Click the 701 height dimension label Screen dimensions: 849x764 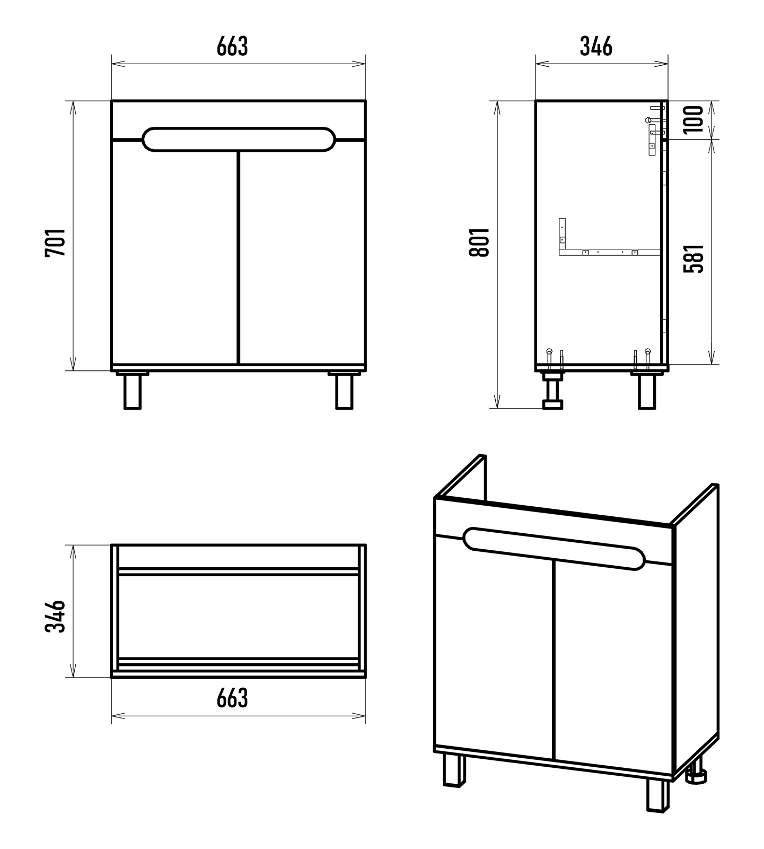tap(55, 242)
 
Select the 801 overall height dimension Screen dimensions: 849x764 tap(479, 242)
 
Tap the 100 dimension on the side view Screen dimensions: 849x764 tap(694, 119)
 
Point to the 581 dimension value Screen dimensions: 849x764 tap(694, 258)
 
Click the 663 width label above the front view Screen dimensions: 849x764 tap(232, 46)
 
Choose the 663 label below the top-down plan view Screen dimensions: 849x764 tap(232, 698)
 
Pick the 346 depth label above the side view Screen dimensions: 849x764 tap(596, 46)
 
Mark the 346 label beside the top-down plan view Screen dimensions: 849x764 tap(55, 617)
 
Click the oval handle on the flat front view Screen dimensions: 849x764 tap(239, 140)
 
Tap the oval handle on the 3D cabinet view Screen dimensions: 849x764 tap(554, 549)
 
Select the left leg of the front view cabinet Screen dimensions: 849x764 tap(133, 391)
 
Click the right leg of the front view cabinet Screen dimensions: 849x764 tap(344, 391)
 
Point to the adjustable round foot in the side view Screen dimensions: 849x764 tap(552, 393)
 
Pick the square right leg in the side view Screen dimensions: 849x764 tap(647, 392)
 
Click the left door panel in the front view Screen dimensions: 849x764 tap(175, 255)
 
